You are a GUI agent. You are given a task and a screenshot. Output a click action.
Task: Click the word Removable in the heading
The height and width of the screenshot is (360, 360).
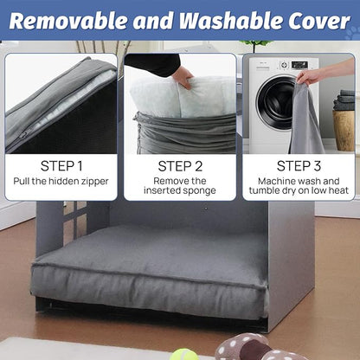point(69,21)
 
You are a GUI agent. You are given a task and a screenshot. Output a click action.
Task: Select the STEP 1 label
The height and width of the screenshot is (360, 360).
point(61,165)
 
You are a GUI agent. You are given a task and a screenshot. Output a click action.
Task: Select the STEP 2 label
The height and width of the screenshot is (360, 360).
point(180,165)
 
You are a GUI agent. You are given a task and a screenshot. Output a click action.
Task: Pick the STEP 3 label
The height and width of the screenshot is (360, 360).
point(299,165)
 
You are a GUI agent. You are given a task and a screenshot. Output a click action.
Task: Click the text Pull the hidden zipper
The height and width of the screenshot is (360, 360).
point(61,185)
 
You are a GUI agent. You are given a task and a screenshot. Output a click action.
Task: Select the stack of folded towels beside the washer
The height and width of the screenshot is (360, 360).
point(347,100)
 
